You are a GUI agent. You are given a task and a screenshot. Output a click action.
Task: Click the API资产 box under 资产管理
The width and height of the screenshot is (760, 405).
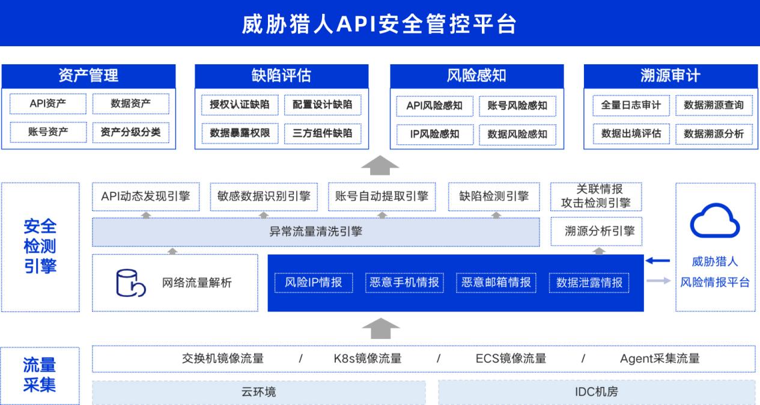tap(48, 103)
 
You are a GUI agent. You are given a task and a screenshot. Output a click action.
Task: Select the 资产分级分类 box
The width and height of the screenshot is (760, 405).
tap(130, 132)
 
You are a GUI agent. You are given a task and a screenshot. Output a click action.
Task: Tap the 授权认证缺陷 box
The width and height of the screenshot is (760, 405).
tap(240, 105)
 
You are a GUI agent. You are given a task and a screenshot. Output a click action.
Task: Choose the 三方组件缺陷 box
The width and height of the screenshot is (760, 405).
tap(322, 133)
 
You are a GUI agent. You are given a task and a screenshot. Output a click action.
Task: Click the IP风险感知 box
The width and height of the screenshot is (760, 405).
tap(434, 135)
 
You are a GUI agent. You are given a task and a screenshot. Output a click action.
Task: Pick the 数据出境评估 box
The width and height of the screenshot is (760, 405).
tap(631, 134)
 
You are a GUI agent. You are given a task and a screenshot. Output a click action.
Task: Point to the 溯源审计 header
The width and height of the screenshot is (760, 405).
tap(670, 76)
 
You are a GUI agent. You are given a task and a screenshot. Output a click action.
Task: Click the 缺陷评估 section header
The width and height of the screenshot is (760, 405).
tap(282, 76)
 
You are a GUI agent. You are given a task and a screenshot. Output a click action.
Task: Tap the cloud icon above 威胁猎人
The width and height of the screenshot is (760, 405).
tap(715, 221)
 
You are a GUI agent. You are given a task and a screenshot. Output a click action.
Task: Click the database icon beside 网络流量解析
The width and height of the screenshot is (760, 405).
tap(130, 283)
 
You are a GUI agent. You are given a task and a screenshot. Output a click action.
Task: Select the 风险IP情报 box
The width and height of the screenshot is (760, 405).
tap(314, 282)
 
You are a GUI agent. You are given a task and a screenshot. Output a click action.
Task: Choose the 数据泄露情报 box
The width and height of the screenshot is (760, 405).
tap(589, 282)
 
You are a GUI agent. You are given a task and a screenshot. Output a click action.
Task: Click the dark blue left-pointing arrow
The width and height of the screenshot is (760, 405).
tap(657, 261)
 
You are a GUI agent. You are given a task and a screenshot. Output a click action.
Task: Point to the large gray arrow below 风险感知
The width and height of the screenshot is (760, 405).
tap(380, 165)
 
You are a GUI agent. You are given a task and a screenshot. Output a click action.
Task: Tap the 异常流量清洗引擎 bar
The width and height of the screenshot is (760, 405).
tap(316, 232)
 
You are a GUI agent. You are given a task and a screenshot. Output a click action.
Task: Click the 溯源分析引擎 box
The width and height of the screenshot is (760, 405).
tap(597, 231)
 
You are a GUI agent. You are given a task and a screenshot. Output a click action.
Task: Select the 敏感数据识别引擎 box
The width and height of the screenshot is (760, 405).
tap(264, 196)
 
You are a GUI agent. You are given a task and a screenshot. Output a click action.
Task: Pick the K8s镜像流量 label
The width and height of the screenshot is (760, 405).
tap(368, 359)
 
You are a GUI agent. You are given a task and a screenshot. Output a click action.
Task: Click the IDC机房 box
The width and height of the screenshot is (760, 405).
tap(597, 392)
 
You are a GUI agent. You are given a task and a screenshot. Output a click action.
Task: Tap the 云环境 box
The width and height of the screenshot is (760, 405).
tap(258, 392)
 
